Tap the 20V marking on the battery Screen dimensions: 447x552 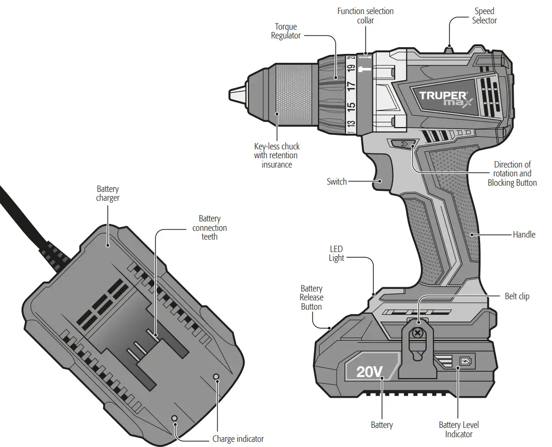[370, 371]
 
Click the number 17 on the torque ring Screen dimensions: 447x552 [351, 87]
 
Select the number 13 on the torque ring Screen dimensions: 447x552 [351, 124]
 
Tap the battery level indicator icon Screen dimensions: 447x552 [466, 361]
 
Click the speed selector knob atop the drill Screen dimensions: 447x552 [449, 50]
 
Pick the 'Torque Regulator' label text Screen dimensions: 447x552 [286, 31]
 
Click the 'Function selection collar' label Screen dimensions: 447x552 [365, 16]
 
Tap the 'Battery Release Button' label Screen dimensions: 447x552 [311, 298]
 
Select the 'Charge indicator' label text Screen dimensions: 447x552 [238, 439]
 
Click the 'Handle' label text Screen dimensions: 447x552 [524, 234]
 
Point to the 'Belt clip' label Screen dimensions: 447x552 [517, 297]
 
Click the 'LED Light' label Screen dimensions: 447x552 [336, 254]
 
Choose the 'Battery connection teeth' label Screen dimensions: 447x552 [209, 228]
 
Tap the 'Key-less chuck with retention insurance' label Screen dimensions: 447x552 [277, 156]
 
